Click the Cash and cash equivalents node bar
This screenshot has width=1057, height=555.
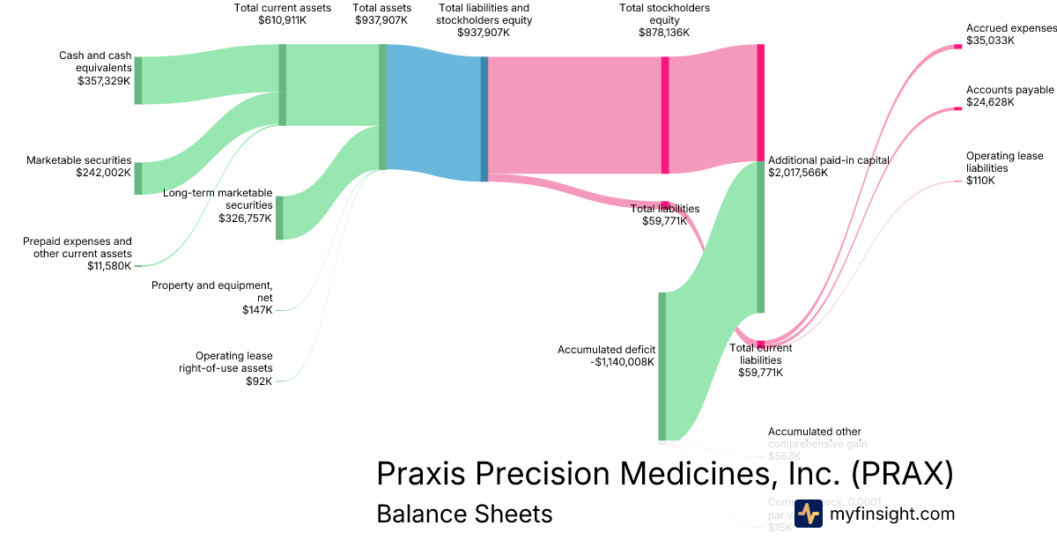[x=137, y=80]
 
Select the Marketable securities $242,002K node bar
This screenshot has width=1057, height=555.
[x=137, y=178]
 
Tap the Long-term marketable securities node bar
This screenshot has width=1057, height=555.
[x=279, y=218]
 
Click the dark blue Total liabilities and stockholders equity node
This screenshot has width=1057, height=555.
[x=484, y=119]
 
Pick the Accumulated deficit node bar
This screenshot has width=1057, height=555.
[x=662, y=366]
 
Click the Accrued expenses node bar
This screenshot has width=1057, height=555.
[x=958, y=46]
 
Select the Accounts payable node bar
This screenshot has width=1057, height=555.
[x=958, y=108]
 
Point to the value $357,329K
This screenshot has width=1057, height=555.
[x=104, y=79]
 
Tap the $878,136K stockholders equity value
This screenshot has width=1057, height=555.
[x=664, y=32]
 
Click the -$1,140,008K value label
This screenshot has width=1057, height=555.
[x=623, y=362]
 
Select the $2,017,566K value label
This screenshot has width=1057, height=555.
[x=799, y=173]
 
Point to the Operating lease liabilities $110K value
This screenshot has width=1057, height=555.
[x=980, y=181]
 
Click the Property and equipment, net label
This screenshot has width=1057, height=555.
[x=212, y=291]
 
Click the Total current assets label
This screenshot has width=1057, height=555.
[x=282, y=8]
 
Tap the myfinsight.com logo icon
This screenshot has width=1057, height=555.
[x=808, y=514]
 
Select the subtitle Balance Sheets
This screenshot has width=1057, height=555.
[x=464, y=514]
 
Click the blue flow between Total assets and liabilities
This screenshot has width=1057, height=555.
[x=433, y=110]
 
